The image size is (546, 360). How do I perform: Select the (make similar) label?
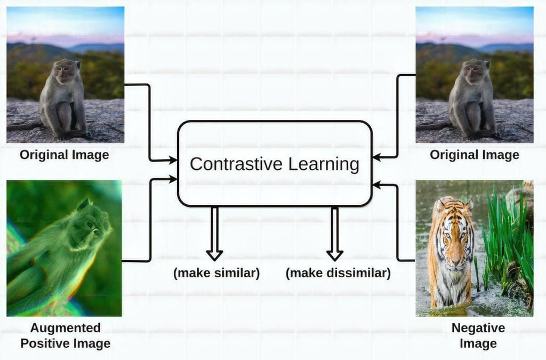coord(216,274)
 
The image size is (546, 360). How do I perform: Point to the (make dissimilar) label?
coord(338,274)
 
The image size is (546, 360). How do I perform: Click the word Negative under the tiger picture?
coord(478,327)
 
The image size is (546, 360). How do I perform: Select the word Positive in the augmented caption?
coord(44,343)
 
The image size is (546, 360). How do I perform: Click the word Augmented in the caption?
coord(65,327)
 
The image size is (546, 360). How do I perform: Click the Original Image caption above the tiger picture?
coord(474,155)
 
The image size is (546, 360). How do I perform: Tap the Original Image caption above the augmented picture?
coord(65,155)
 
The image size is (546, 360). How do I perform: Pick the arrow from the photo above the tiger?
coord(397,117)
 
